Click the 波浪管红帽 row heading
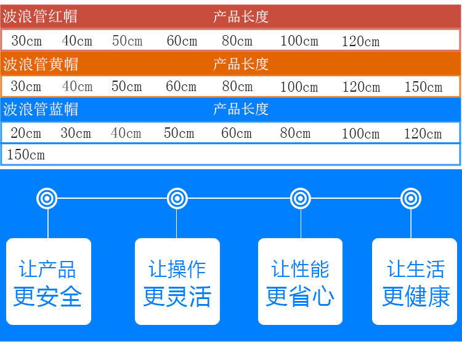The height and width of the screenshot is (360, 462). pos(41,17)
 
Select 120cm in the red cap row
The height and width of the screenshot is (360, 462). pos(360,42)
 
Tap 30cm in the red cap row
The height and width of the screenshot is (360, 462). pos(26,41)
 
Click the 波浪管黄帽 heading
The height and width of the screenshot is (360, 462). pos(41,63)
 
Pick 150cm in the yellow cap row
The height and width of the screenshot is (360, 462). pos(423,87)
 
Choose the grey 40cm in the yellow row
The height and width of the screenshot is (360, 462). pos(77,87)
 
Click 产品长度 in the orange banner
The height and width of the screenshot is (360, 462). pos(241,63)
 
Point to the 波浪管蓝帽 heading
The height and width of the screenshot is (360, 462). pos(41,110)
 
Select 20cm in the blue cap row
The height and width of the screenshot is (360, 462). pos(26,133)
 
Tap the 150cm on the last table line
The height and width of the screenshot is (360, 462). pos(26,154)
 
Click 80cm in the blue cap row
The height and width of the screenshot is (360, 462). pos(295,133)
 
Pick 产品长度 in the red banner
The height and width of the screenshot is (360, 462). pos(241,17)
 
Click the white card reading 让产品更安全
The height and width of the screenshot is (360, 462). pos(48,281)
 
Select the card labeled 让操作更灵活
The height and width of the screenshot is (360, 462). pos(177,281)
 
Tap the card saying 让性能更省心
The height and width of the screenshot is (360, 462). pos(300,281)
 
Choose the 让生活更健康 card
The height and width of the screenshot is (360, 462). pos(416,281)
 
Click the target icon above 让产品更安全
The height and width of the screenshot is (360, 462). pos(47,198)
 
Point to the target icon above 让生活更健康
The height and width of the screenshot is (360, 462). pos(411,198)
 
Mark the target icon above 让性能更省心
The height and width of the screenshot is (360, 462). pos(301,198)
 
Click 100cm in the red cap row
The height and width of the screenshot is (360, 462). pos(299,41)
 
